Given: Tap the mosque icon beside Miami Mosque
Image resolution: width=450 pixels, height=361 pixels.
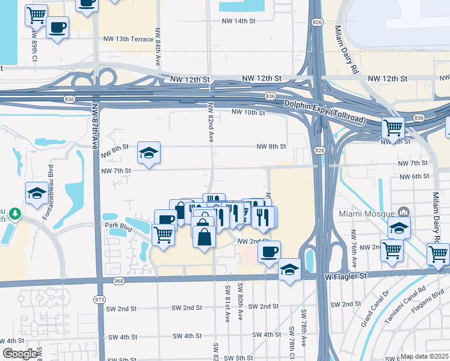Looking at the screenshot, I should (403, 212).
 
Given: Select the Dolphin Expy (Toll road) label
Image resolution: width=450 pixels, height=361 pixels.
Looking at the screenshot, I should (325, 112).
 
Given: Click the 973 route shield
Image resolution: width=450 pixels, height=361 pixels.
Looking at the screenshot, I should (99, 299).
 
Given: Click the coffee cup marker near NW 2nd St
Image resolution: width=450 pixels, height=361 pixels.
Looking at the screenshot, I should (270, 250).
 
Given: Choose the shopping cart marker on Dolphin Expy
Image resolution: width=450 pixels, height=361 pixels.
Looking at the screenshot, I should (393, 127).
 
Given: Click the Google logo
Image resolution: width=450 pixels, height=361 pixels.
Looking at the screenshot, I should (20, 354).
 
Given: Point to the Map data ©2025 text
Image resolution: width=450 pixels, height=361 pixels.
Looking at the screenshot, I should (425, 356).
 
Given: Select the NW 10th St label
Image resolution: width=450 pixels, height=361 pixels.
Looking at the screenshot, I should (248, 112).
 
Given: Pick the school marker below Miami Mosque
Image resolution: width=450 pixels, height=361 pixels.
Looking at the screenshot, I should (398, 229).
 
